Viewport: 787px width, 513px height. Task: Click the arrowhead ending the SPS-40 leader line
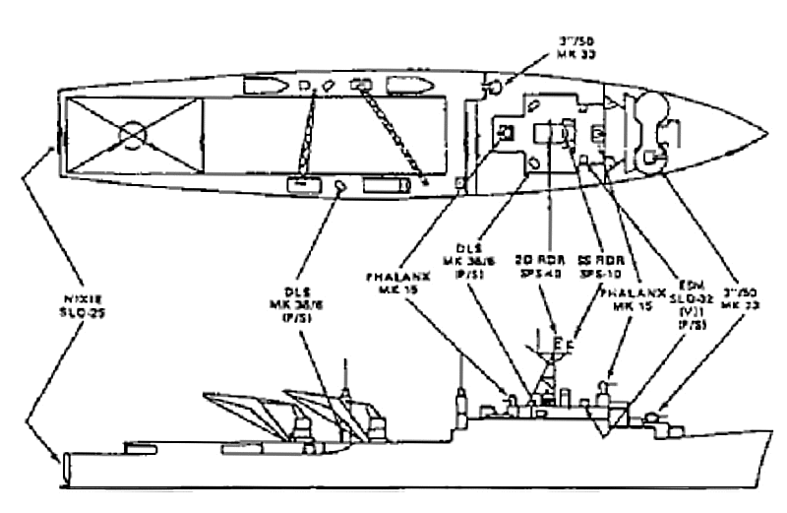coord(556,336)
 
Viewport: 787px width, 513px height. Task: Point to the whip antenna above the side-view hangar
coord(346,374)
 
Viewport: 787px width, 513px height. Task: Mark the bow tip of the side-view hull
coord(769,429)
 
